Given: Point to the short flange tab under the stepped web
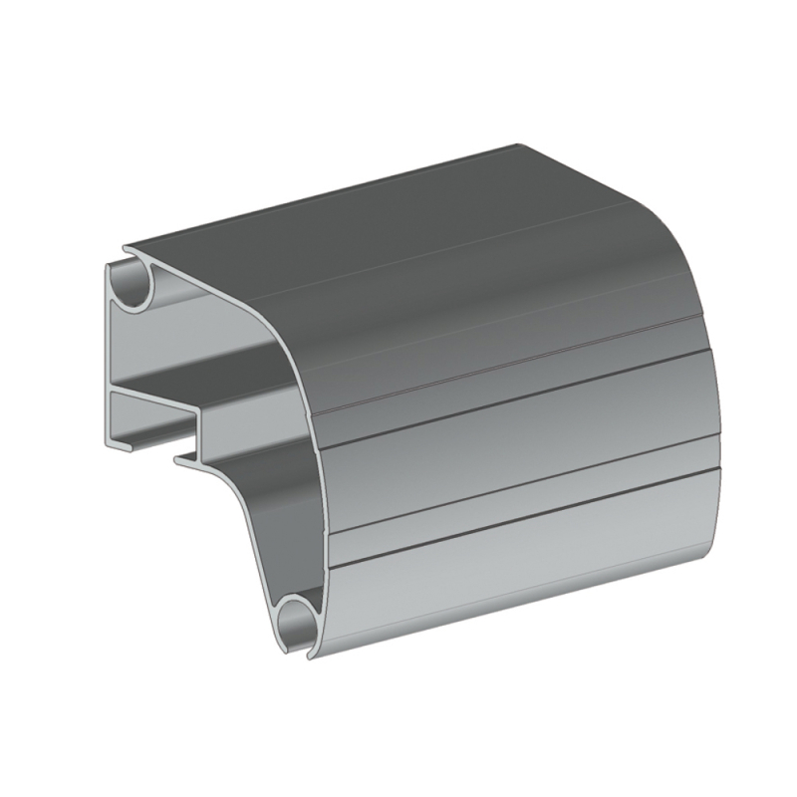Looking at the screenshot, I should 185,459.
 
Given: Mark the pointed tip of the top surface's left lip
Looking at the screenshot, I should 126,250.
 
